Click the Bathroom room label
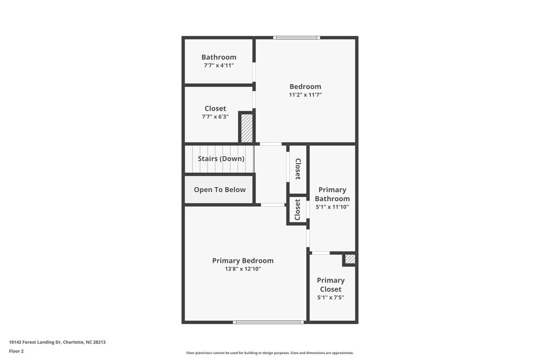(x=219, y=57)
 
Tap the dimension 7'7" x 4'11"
(x=219, y=65)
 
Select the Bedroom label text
(x=305, y=86)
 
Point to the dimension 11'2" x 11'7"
(x=305, y=95)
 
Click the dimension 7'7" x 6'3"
(x=215, y=117)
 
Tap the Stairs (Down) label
(x=221, y=159)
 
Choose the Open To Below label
(x=220, y=189)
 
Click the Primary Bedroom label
(x=242, y=261)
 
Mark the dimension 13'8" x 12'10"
(x=242, y=269)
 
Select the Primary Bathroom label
(x=332, y=194)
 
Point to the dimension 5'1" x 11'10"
(x=332, y=207)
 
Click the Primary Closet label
(x=330, y=284)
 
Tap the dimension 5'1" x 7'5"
(x=330, y=297)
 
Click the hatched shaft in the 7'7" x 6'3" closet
(x=247, y=128)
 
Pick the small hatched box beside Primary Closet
(x=350, y=260)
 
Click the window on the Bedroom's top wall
(x=296, y=37)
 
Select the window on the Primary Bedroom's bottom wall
(x=268, y=322)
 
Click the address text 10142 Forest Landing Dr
(x=57, y=342)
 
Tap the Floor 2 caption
(x=16, y=351)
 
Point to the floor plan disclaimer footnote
(x=270, y=353)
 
